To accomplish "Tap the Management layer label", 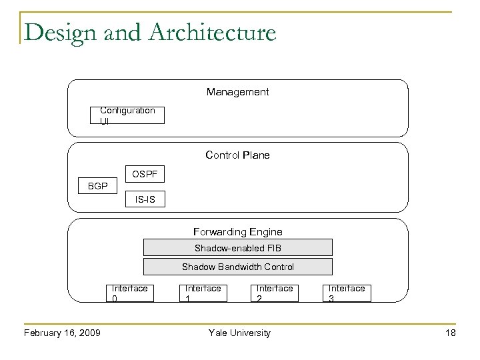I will click(x=237, y=91).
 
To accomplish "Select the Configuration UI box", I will click(x=127, y=115).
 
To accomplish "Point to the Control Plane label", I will click(x=237, y=155).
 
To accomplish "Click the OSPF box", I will click(x=144, y=175).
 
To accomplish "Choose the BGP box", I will click(x=97, y=186).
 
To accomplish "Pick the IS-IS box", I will click(x=144, y=199).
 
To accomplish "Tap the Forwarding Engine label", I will click(x=237, y=232).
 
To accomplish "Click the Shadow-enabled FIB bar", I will click(x=237, y=248).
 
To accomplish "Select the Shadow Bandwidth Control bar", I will click(x=237, y=267).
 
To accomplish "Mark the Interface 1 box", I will click(x=203, y=293).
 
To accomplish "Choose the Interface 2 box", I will click(x=274, y=293).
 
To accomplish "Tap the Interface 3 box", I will click(x=347, y=293).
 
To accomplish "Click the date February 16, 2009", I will click(x=62, y=333).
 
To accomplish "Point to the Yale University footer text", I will click(x=239, y=333).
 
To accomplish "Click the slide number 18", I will click(x=451, y=333).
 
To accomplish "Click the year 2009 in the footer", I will click(x=89, y=333).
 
